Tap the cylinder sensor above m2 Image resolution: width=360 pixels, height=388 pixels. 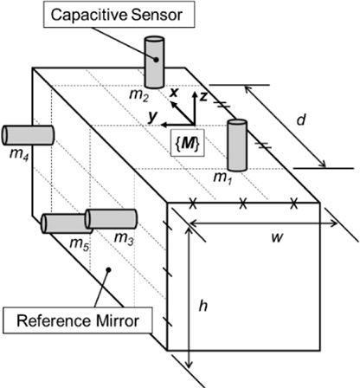[x=154, y=61]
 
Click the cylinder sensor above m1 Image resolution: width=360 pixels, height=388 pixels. [x=237, y=144]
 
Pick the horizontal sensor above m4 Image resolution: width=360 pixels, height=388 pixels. [x=28, y=135]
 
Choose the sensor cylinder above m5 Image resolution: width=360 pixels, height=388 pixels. [x=63, y=223]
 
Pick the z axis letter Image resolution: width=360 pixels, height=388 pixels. [x=202, y=96]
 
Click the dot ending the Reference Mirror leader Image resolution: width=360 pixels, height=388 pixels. [x=107, y=271]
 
